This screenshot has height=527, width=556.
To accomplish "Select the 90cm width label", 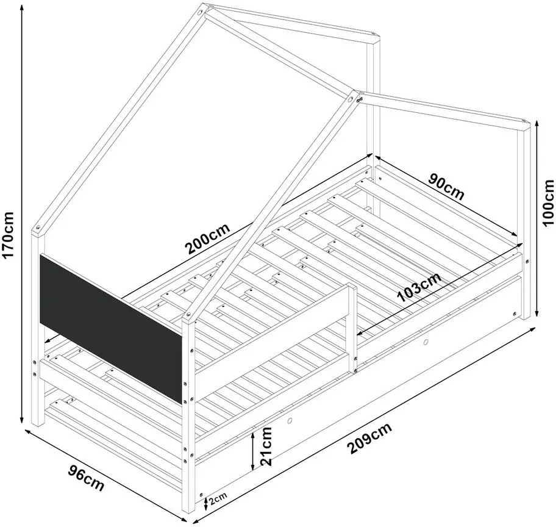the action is tap(446, 186).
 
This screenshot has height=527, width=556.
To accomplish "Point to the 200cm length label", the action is tap(208, 238).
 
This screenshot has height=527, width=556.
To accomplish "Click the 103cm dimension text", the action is tap(419, 287).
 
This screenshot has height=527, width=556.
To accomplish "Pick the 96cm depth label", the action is tap(86, 479).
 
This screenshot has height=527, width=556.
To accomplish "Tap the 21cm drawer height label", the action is tap(266, 446).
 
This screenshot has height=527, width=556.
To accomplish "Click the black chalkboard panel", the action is tap(111, 328).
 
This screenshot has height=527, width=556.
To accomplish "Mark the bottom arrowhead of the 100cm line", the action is tap(536, 312).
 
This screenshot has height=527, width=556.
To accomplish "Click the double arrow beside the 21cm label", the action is tap(252, 451).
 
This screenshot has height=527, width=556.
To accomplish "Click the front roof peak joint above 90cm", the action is tap(354, 98).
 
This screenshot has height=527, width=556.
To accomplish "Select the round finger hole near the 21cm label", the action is tap(290, 421).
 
